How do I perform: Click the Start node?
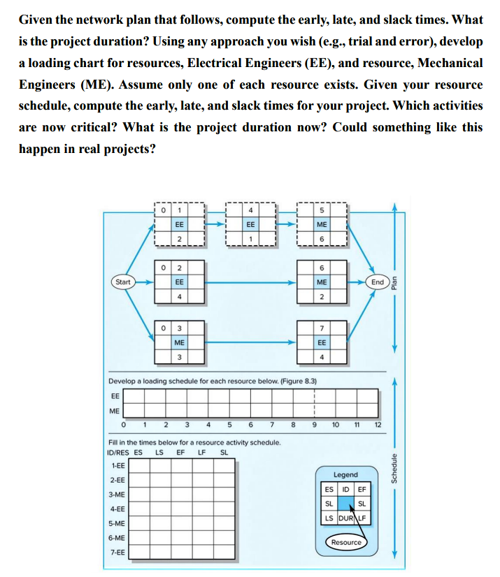(x=123, y=282)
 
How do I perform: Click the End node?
(x=378, y=282)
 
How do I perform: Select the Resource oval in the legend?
(x=346, y=542)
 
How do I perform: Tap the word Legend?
(x=346, y=474)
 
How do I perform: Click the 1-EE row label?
(x=118, y=465)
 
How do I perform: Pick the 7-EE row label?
(x=118, y=553)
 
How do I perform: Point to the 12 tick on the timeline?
(x=378, y=424)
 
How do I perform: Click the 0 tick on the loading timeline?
(x=123, y=424)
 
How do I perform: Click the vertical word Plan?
(x=394, y=282)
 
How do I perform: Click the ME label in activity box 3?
(x=180, y=342)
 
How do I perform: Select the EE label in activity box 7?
(x=322, y=342)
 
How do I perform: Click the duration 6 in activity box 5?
(x=322, y=240)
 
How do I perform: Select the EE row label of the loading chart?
(x=115, y=396)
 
